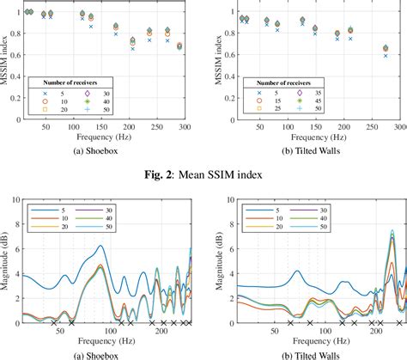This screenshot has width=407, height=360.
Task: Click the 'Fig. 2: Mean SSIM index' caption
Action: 203,177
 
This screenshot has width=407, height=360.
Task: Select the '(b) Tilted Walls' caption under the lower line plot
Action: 307,355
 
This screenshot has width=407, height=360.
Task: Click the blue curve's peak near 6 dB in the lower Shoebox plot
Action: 100,246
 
